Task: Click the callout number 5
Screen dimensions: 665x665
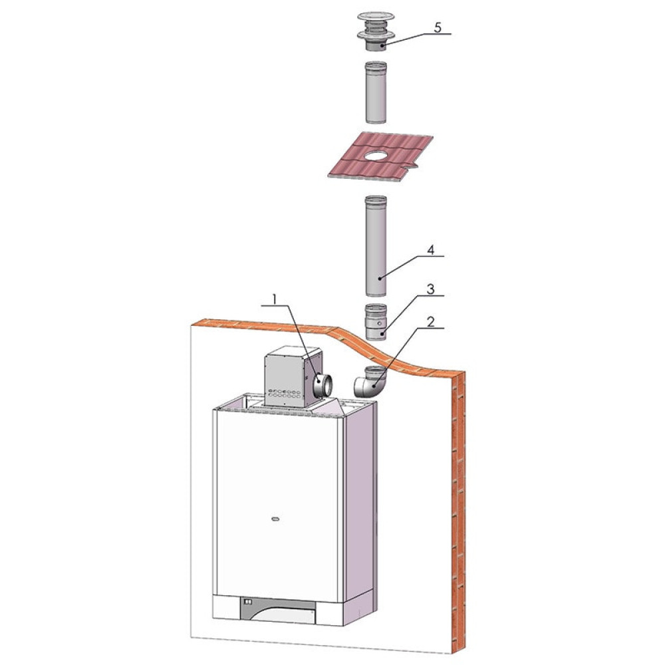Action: click(438, 27)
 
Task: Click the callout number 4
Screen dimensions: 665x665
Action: click(430, 250)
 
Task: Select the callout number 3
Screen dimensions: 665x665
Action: click(430, 289)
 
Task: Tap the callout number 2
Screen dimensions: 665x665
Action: click(430, 322)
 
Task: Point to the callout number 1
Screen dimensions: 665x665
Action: click(275, 299)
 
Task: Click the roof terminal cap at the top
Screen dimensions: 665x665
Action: click(375, 31)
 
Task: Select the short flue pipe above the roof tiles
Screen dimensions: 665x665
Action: click(376, 93)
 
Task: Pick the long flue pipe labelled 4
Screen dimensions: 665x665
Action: click(376, 246)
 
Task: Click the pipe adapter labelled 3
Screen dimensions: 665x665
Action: click(376, 321)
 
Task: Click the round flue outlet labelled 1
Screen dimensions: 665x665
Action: click(323, 384)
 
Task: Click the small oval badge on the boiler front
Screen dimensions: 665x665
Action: click(275, 519)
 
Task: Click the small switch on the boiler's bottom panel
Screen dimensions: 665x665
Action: click(248, 602)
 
